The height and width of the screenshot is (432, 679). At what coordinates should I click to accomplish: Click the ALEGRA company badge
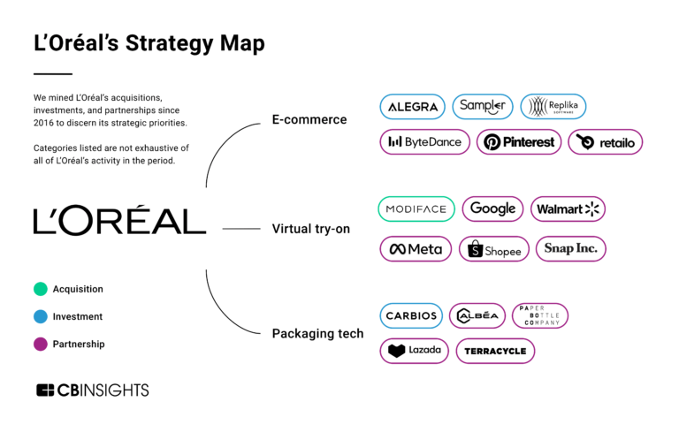point(413,107)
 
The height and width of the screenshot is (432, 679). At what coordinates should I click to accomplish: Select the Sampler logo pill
point(483,107)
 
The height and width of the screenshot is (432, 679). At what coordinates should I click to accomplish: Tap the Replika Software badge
point(553,107)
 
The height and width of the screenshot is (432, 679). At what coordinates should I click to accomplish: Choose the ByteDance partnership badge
point(424,141)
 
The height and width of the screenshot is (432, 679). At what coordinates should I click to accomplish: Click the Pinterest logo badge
point(519,141)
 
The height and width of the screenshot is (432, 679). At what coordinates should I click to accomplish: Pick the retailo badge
point(605,141)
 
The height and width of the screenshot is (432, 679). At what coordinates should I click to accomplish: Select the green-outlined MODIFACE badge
point(416,209)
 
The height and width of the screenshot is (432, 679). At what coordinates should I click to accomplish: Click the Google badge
point(492,209)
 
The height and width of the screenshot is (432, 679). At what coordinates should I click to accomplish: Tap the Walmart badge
point(568,209)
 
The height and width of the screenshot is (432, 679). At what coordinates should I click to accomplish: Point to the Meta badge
point(416,249)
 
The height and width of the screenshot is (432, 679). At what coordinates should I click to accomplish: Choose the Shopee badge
point(494,249)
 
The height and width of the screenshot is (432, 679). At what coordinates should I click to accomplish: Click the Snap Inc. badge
point(571,249)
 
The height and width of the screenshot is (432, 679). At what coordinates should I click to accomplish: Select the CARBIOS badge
point(411,315)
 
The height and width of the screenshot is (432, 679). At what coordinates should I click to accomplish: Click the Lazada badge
point(414,351)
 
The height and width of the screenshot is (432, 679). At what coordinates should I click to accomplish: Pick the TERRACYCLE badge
point(495,351)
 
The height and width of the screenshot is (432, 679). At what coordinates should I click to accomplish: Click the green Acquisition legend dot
point(40,289)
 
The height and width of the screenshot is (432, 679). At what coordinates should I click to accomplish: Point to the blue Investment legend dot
point(40,316)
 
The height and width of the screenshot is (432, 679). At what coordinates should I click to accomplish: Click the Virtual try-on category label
point(310,229)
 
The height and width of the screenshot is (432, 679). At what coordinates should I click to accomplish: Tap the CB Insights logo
point(92,390)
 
